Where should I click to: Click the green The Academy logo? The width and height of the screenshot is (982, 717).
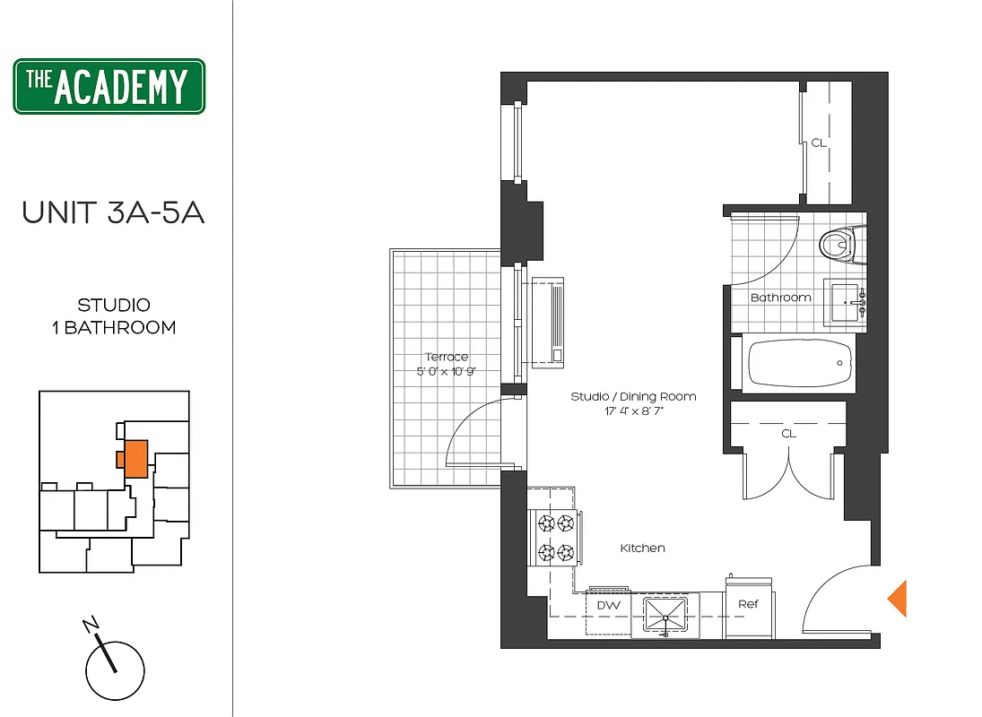tap(109, 87)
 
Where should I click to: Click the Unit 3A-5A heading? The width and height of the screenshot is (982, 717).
tap(113, 212)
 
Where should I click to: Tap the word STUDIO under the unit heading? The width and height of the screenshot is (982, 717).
tap(113, 306)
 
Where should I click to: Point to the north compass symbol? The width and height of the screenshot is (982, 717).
tap(115, 668)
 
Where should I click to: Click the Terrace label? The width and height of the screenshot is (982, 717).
tap(446, 357)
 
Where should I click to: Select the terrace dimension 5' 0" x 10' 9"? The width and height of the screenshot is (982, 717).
tap(446, 372)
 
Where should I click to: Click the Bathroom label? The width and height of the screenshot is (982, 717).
tap(780, 297)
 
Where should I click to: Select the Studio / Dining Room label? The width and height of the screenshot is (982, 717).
tap(633, 396)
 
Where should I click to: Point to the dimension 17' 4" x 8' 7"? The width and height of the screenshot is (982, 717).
tap(633, 412)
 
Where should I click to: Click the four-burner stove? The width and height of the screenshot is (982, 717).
tap(554, 538)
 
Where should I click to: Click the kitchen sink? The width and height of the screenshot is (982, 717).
tap(665, 615)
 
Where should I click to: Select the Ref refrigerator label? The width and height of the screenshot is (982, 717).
tap(748, 604)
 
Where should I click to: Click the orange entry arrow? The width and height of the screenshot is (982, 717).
tap(897, 599)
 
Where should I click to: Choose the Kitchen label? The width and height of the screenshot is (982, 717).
tap(643, 548)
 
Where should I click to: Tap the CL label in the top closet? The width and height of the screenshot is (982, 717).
tap(818, 143)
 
